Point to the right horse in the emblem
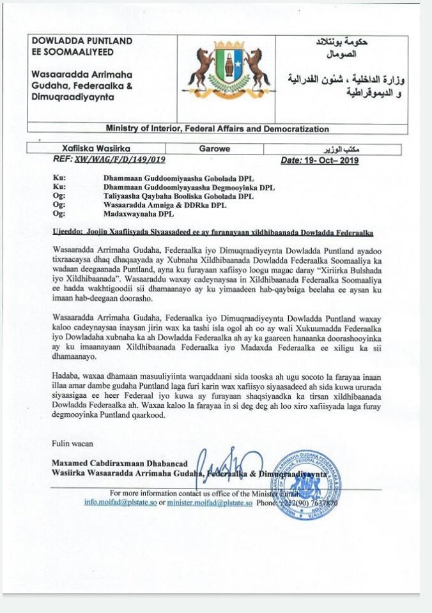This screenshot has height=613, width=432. (258, 68)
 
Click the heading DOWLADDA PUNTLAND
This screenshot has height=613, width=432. (82, 41)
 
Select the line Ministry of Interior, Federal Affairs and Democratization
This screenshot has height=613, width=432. (217, 128)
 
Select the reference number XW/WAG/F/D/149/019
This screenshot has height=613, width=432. (120, 160)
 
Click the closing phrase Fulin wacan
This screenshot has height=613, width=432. (73, 443)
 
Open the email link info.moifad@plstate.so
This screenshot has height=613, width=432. (120, 503)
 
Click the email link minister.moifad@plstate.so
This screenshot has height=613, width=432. (210, 503)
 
